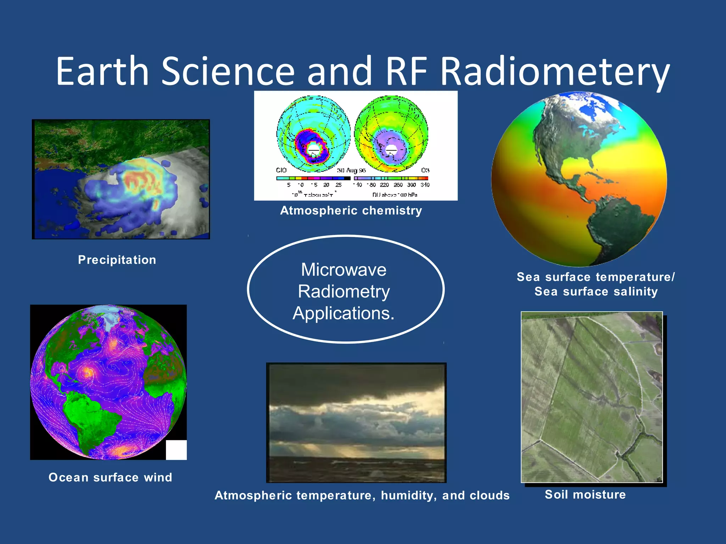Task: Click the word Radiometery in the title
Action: tap(555, 72)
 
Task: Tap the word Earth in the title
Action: tap(102, 72)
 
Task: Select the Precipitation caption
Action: tap(117, 260)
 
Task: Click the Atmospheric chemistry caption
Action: tap(351, 210)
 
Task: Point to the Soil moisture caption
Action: tap(585, 494)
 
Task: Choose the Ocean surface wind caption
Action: tap(110, 477)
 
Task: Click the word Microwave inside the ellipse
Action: tap(344, 270)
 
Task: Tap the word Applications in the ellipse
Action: tap(343, 313)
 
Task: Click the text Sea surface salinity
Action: tap(596, 291)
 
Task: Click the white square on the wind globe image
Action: tap(176, 450)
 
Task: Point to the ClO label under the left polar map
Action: tap(281, 170)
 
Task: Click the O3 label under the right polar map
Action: tap(425, 170)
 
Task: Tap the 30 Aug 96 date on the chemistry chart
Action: tap(351, 170)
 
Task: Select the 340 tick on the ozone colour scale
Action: tap(425, 185)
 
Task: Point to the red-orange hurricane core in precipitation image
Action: tap(138, 181)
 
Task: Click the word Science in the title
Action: tap(228, 72)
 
